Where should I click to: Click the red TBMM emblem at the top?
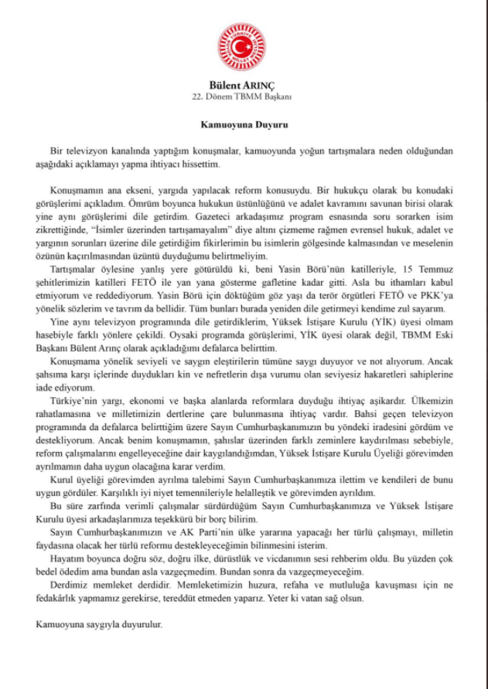click(244, 44)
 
